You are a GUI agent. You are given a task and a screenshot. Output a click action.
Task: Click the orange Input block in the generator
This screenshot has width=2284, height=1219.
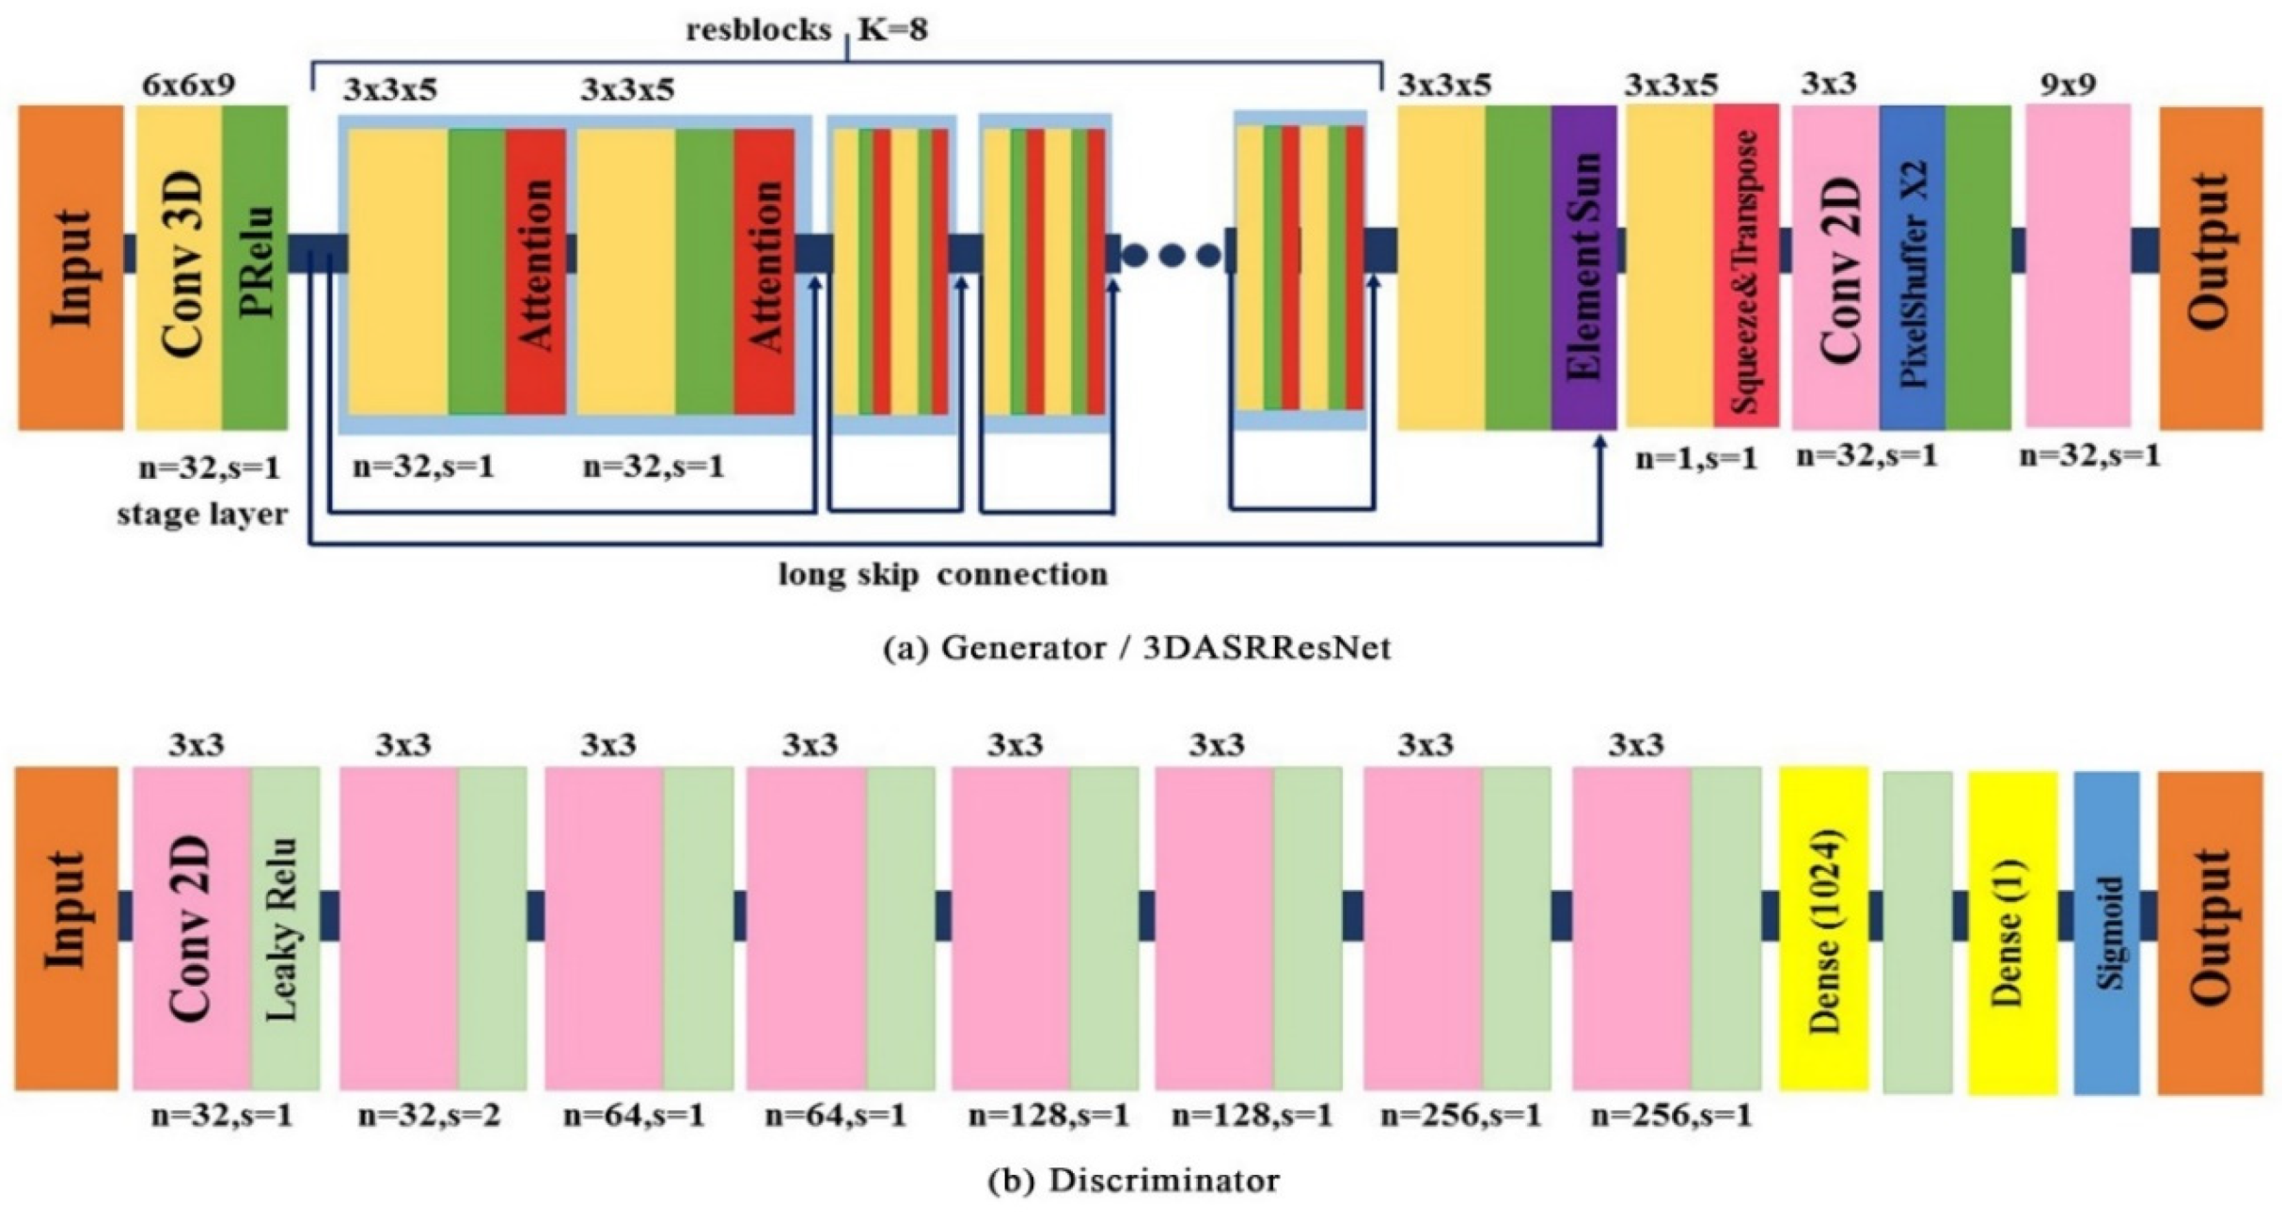tap(71, 268)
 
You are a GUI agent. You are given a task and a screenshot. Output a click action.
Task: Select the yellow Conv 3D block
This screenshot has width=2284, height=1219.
tap(180, 268)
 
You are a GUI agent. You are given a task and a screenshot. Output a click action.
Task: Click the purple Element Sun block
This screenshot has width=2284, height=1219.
tap(1583, 268)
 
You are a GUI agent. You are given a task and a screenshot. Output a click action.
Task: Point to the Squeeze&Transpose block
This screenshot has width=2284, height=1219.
tap(1745, 268)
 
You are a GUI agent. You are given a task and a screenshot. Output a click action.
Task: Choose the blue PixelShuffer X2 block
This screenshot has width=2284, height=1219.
tap(1912, 268)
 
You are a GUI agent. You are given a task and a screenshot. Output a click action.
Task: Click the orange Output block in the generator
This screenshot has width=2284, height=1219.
tap(2210, 268)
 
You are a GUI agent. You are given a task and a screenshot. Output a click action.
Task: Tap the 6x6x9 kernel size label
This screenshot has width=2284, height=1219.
tap(188, 85)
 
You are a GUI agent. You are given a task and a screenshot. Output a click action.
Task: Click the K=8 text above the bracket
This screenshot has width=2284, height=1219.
tap(893, 30)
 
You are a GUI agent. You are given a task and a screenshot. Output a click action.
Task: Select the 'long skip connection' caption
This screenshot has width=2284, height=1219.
tap(943, 575)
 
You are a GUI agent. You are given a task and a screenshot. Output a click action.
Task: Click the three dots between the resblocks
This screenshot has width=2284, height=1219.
tap(1171, 254)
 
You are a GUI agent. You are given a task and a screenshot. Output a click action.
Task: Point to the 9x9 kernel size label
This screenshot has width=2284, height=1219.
tap(2068, 85)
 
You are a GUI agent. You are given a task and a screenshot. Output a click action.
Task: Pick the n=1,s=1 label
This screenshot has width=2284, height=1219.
tap(1696, 459)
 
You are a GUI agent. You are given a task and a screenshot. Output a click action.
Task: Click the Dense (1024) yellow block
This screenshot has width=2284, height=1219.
tap(1823, 929)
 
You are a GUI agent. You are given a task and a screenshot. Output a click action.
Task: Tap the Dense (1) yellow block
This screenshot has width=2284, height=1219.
tap(2012, 931)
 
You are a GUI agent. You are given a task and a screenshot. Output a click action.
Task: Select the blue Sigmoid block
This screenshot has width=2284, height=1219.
tap(2106, 931)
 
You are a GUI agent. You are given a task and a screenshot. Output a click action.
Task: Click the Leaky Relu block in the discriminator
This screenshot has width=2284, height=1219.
tap(285, 929)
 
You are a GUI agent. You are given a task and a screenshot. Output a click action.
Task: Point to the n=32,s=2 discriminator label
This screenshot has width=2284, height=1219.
tap(429, 1116)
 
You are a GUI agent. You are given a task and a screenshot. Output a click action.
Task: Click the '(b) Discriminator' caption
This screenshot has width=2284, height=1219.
tap(1133, 1180)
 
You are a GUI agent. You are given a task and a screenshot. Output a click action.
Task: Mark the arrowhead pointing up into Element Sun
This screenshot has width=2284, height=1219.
tap(1600, 442)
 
